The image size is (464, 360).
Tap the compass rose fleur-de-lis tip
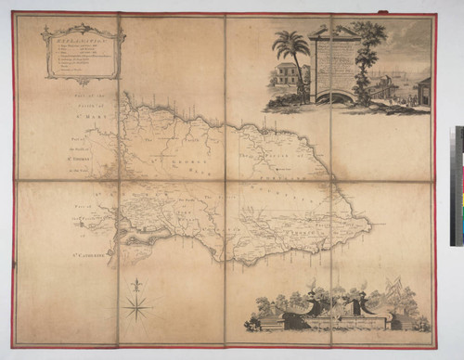pos(136,281)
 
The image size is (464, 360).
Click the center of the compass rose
pos(136,304)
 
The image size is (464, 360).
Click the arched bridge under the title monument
pos(335,95)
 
